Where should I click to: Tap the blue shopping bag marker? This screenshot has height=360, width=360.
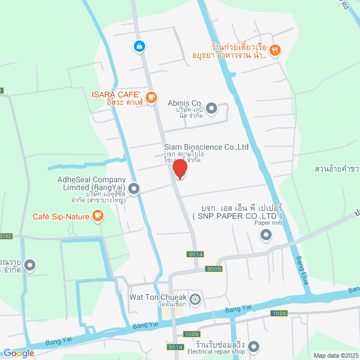tap(139, 46)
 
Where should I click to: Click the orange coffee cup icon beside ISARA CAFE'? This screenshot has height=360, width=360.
tap(151, 97)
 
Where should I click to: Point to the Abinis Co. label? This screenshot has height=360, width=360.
tap(184, 103)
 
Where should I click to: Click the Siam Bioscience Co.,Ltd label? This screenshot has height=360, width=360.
tap(206, 147)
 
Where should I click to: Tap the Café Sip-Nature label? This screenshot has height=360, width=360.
tap(60, 216)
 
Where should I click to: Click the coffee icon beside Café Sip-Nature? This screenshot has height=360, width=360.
tap(98, 215)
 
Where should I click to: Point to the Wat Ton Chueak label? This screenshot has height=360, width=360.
tap(157, 297)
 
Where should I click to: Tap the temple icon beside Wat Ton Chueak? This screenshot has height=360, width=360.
tap(195, 298)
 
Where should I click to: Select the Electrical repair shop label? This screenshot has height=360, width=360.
tap(216, 353)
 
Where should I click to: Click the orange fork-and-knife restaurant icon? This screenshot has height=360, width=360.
tap(274, 50)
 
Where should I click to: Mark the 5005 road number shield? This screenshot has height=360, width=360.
tap(214, 268)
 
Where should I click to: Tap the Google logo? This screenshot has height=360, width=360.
tap(19, 353)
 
